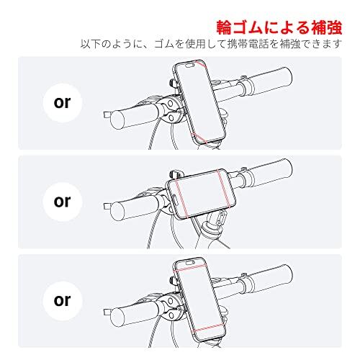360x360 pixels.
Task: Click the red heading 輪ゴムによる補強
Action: coord(279,27)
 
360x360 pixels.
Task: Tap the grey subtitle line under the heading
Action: coord(211,44)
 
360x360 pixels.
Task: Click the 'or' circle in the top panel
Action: coord(63,103)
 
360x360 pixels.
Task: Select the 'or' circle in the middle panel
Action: coord(63,202)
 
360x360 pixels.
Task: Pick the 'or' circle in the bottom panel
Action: coord(63,301)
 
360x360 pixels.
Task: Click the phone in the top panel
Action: coord(200,102)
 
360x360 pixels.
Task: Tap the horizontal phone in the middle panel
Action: coord(202,194)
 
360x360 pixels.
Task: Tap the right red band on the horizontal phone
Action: coord(225,189)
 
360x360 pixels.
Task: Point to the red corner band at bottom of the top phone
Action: coord(199,138)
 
